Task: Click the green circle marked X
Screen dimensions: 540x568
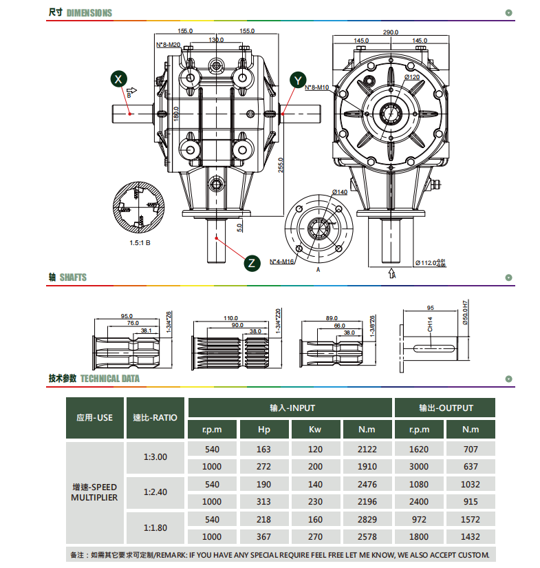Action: tap(119, 79)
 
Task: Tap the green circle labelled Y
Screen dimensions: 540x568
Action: tap(298, 81)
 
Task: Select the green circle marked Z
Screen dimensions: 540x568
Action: tap(252, 263)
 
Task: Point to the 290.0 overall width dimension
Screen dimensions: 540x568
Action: tap(391, 32)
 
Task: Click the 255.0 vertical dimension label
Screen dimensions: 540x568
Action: tap(281, 165)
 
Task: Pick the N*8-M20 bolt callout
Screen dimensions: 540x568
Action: tap(169, 45)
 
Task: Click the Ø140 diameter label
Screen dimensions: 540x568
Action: tap(340, 192)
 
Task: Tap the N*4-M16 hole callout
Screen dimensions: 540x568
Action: tap(281, 262)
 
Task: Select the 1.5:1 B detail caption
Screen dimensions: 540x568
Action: tap(140, 243)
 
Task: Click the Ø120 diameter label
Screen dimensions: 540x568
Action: tap(412, 77)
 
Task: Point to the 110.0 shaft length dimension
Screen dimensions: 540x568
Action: tap(230, 318)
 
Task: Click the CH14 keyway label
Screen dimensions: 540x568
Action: tap(430, 324)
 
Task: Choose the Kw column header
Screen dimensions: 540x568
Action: tap(315, 429)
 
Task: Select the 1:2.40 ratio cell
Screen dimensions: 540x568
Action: tap(155, 492)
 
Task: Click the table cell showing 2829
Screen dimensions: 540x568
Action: tap(367, 519)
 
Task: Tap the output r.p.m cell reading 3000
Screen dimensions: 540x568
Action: tap(419, 466)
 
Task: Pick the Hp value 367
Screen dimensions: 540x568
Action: tap(263, 536)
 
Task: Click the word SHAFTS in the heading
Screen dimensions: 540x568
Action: tap(73, 277)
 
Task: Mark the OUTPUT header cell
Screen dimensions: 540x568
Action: tap(445, 408)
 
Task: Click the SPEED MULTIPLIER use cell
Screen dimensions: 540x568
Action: tap(94, 492)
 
